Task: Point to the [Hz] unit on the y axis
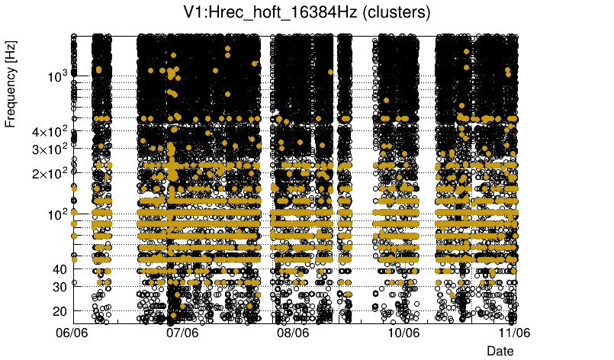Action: [11, 54]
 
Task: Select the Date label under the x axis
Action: [500, 350]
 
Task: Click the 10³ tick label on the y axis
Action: [56, 76]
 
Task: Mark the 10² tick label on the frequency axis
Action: [56, 214]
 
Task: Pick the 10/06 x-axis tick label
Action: [404, 333]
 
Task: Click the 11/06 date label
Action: [514, 333]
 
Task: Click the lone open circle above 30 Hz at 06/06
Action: [75, 282]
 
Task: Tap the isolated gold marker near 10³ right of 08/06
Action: [330, 72]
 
